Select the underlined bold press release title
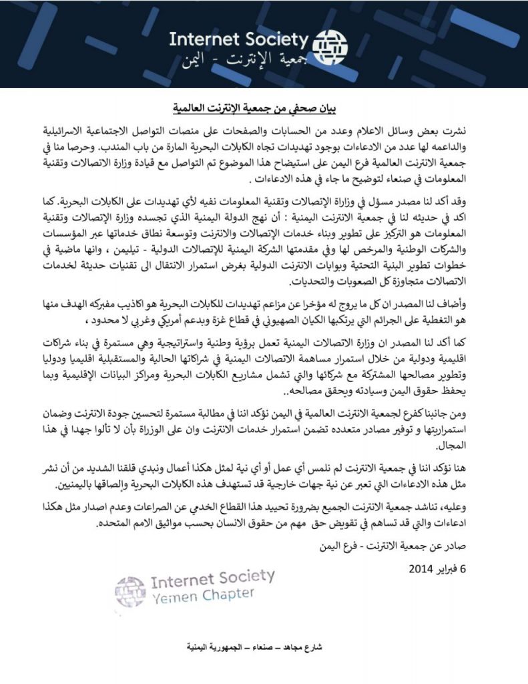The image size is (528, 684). click(264, 107)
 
